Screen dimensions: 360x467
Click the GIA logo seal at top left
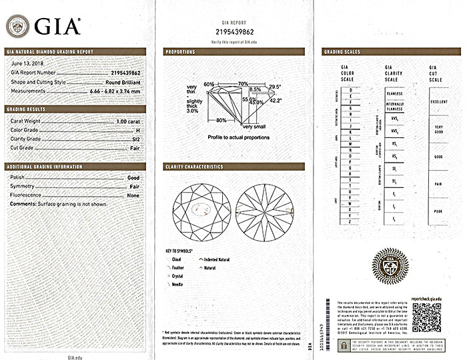pyautogui.click(x=17, y=26)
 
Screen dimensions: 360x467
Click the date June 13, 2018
pyautogui.click(x=27, y=64)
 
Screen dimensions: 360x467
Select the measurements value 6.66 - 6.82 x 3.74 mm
pyautogui.click(x=115, y=91)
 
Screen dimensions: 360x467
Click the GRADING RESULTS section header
pyautogui.click(x=26, y=109)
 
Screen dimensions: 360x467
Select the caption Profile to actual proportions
pyautogui.click(x=238, y=137)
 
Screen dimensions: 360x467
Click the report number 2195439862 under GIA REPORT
pyautogui.click(x=235, y=31)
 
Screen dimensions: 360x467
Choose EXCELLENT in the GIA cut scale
pyautogui.click(x=439, y=101)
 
